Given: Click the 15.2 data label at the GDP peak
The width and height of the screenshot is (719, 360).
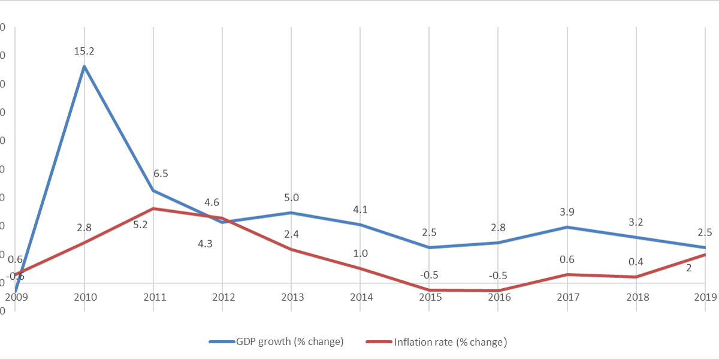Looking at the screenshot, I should tap(84, 52).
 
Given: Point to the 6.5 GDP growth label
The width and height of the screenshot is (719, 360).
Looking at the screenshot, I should tap(161, 174).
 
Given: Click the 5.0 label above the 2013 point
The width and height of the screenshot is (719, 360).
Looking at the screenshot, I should tap(291, 198).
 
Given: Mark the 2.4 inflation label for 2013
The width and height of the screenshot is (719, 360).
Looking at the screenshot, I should tap(291, 234).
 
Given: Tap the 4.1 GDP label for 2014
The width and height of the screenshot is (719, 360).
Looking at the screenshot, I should tap(360, 210).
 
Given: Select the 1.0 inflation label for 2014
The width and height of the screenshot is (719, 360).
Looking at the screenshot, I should tap(360, 253).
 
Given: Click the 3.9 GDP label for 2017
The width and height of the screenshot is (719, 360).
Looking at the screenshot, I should tap(566, 212).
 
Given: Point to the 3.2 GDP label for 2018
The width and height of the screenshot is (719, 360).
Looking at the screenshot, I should tap(636, 222).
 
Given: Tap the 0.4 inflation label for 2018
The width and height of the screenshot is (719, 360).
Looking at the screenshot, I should tap(636, 262).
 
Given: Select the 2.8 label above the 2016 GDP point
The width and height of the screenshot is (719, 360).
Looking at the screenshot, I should tap(498, 228).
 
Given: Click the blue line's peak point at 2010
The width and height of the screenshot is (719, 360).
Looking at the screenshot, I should tap(84, 66).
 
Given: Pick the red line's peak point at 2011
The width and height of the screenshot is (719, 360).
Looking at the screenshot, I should tap(153, 208).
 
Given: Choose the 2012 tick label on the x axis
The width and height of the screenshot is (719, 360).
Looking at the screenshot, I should tap(222, 298).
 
